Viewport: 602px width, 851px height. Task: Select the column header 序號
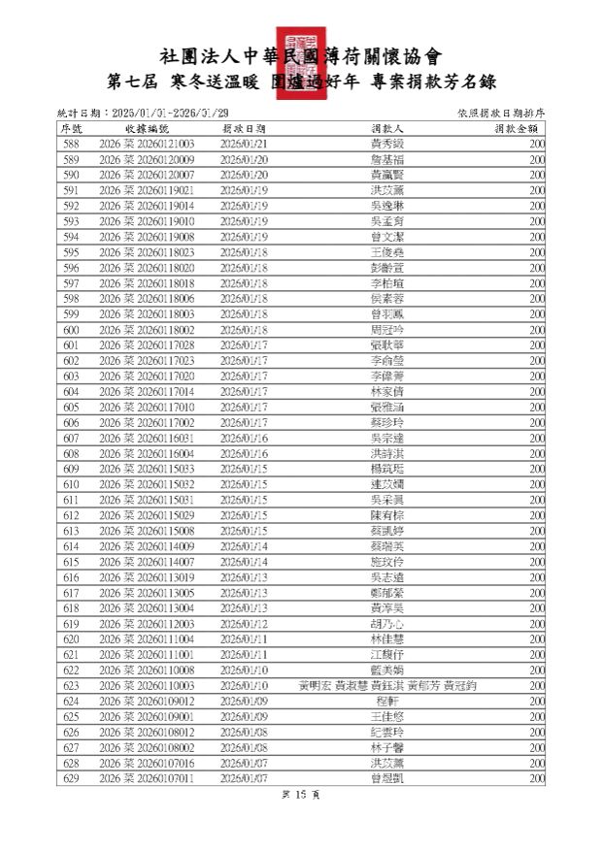pos(71,128)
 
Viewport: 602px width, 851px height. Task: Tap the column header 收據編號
pos(147,128)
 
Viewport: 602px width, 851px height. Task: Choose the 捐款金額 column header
pos(518,128)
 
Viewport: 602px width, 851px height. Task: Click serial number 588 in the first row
pos(71,144)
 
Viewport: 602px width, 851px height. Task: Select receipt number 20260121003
pos(147,144)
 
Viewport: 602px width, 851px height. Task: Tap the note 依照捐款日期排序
pos(500,114)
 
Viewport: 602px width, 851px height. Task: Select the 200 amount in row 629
pos(537,779)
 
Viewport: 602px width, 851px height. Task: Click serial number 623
pos(71,686)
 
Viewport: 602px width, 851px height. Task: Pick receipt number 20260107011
pos(147,779)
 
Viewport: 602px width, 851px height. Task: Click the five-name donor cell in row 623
pos(387,686)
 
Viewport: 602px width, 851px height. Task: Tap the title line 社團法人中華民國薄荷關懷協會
pos(300,55)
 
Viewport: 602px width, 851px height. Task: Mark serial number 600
pos(71,330)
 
